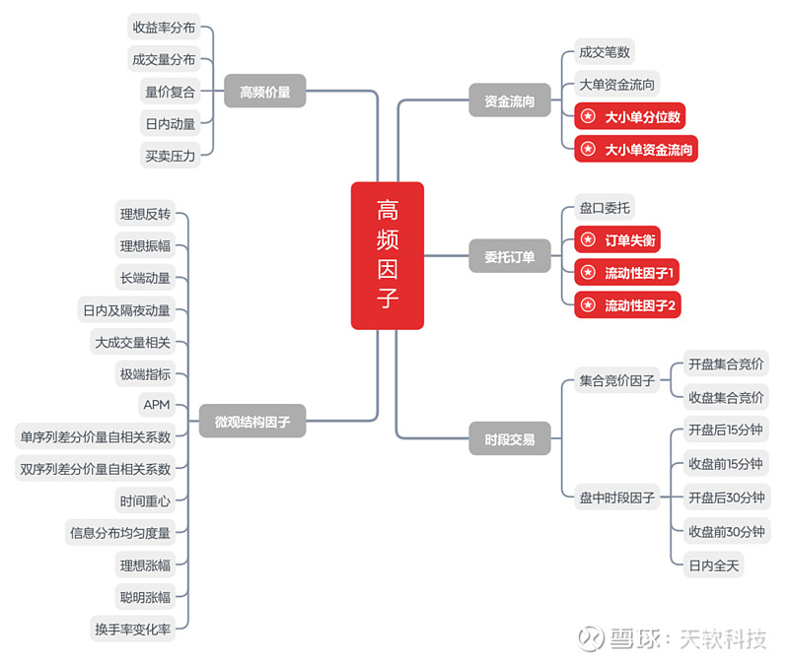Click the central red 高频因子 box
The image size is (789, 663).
tap(387, 255)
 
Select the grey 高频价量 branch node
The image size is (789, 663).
tap(264, 91)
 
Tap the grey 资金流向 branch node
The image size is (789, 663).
tap(510, 100)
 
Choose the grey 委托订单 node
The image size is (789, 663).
tap(510, 256)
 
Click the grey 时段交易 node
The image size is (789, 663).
tap(510, 438)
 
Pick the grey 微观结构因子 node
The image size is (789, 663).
tap(252, 421)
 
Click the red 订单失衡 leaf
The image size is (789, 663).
tap(617, 239)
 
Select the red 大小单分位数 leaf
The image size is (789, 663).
tap(629, 116)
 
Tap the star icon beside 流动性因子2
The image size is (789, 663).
tap(588, 304)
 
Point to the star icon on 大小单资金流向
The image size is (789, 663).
tap(588, 149)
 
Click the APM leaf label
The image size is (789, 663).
tap(157, 405)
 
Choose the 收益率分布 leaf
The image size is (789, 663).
tap(164, 27)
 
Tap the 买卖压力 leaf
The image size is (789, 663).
tap(170, 156)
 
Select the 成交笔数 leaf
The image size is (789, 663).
tap(605, 51)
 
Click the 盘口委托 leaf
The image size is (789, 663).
tap(605, 207)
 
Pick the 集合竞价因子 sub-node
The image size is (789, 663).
tap(617, 380)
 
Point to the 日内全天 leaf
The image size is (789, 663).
tap(713, 565)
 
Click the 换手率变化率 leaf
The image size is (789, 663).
tap(133, 629)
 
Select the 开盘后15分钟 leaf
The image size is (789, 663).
tap(726, 430)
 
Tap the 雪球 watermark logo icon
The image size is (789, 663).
tap(591, 638)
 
